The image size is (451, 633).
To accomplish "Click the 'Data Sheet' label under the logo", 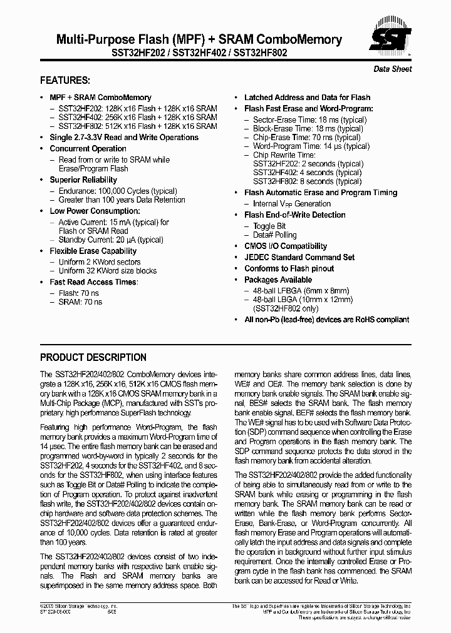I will tap(393, 69).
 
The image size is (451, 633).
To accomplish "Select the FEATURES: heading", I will tap(65, 81).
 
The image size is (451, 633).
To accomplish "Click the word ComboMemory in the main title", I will tap(300, 39).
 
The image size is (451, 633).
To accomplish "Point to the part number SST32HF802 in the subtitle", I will tap(260, 54).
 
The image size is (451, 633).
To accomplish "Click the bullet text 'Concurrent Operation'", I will tap(88, 149).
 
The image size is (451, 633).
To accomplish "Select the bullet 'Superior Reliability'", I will tap(83, 180).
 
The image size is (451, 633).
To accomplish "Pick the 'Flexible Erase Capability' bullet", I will tap(93, 251).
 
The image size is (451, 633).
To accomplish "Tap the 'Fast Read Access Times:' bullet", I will tap(94, 282).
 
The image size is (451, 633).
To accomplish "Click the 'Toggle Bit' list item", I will tap(269, 226).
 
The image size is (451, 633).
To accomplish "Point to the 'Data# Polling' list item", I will tap(275, 235).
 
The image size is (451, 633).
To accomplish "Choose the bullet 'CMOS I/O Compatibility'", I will tap(286, 246).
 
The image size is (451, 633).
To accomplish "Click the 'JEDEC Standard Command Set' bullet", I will tap(299, 258).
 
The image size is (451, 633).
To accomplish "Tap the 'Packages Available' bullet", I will tap(277, 280).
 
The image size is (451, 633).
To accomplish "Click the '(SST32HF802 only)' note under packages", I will tap(284, 308).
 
